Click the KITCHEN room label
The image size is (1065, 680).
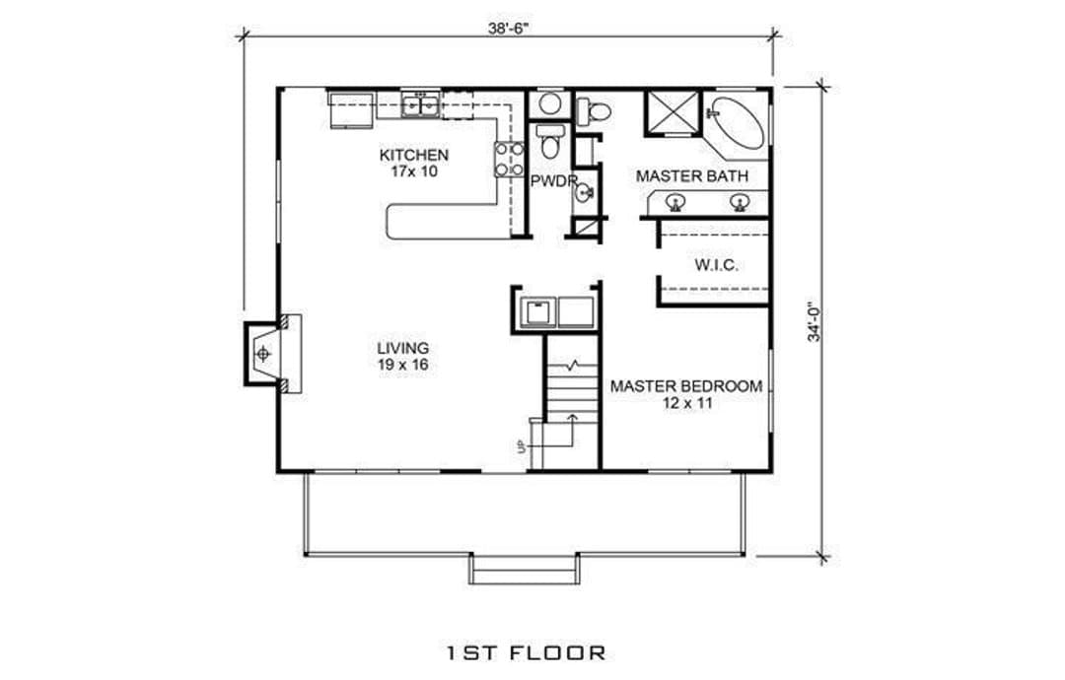[x=413, y=156]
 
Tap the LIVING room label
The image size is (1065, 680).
[x=402, y=349]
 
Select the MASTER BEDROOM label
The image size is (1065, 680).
[x=686, y=387]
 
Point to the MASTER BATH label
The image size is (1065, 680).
[x=692, y=176]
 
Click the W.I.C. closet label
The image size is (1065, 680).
[x=717, y=265]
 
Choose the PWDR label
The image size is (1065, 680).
[x=553, y=181]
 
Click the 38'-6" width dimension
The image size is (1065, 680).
[x=508, y=29]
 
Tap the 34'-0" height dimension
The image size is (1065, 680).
[x=815, y=321]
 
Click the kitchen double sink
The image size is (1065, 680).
[x=420, y=105]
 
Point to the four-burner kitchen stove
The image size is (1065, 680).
[x=510, y=160]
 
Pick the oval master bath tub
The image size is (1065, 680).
[x=737, y=123]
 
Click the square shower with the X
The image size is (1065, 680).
[x=672, y=113]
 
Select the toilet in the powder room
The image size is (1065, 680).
[x=549, y=141]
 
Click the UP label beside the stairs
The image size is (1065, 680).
[x=522, y=445]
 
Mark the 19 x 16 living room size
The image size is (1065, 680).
[x=402, y=365]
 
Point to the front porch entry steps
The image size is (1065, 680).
[x=525, y=569]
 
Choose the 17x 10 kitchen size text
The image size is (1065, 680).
[x=414, y=171]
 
